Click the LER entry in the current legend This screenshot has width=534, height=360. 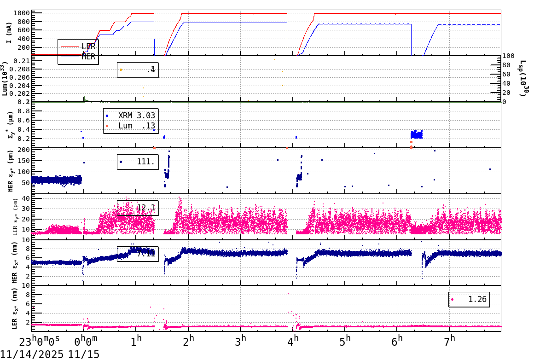coord(88,46)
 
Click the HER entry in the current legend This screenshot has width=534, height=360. coord(88,57)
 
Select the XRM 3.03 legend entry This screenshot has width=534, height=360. coord(136,116)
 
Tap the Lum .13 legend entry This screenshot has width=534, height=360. coord(136,126)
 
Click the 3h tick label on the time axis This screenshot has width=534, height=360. coord(241,341)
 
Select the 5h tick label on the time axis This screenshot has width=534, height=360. coord(345,341)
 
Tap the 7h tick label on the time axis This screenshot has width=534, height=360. coord(450,341)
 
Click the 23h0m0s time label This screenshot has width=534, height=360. coord(39,342)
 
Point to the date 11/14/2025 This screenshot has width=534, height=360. coord(32,354)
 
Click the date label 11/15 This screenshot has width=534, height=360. coord(84,354)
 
